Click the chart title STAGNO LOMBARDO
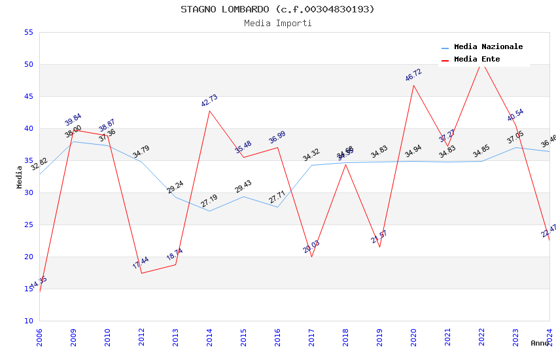(x=277, y=9)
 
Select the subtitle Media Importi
(x=277, y=23)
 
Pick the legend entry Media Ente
(x=477, y=59)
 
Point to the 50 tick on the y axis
(x=27, y=64)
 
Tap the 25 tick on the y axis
(x=27, y=225)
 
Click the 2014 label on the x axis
(x=209, y=337)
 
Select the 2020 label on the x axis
(x=413, y=337)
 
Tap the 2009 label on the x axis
(x=73, y=337)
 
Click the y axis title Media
(x=20, y=177)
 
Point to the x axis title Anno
(x=540, y=343)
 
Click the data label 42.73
(x=209, y=101)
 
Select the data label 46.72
(x=413, y=75)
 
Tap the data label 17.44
(x=141, y=263)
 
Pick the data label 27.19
(x=209, y=201)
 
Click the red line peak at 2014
(x=209, y=111)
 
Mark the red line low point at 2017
(x=311, y=257)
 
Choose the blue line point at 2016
(x=277, y=207)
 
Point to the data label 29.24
(x=175, y=188)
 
